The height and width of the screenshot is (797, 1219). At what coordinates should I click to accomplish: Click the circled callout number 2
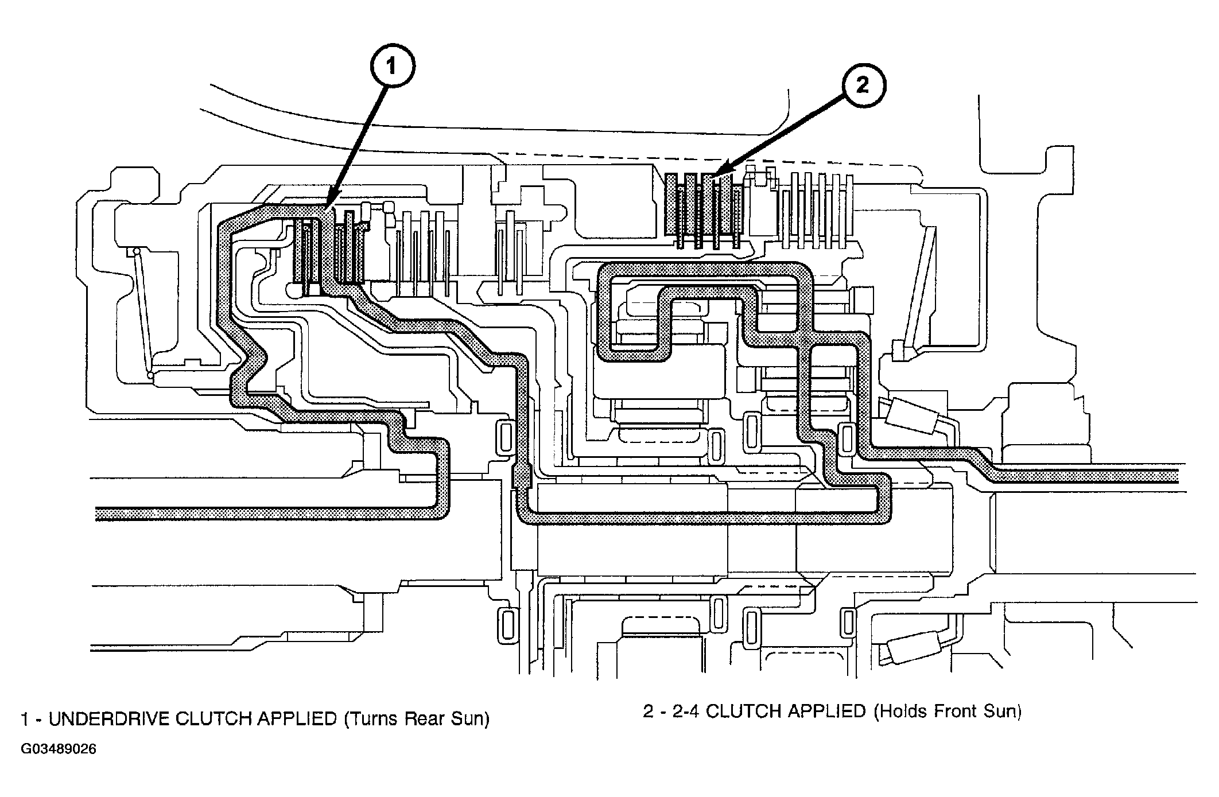click(864, 85)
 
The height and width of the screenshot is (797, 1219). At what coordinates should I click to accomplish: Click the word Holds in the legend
click(903, 712)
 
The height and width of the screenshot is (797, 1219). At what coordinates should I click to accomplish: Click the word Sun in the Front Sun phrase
click(1005, 712)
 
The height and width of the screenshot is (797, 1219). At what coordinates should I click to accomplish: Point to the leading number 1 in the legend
click(25, 719)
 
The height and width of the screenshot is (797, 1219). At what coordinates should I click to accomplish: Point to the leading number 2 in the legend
click(648, 712)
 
